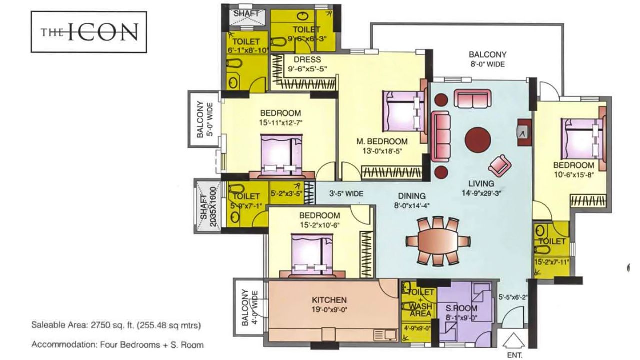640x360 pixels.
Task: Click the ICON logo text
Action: coord(89,32)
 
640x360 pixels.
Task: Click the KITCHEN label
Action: coord(329,300)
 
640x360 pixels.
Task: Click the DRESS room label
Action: coord(307,60)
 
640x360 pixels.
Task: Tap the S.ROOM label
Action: coord(461,308)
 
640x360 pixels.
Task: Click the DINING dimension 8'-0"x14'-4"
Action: coord(412,205)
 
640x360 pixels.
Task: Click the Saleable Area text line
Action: coord(116,325)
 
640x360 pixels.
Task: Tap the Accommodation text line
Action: coord(117,344)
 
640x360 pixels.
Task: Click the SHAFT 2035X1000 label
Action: coord(204,205)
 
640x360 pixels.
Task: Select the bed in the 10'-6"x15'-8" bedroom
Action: coord(583,138)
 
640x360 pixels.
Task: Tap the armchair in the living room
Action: coord(500,163)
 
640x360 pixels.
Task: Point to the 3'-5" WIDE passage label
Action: coord(346,193)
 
